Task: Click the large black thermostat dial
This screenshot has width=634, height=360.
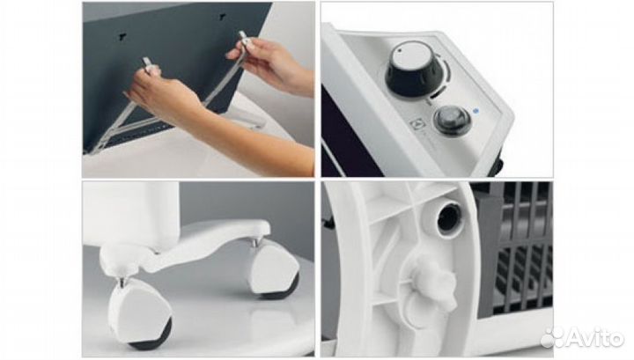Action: pos(412,71)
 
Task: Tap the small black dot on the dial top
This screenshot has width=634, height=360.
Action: pos(400,51)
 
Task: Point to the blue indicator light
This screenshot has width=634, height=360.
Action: pos(475,110)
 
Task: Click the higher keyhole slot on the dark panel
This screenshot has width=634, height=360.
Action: pos(222,17)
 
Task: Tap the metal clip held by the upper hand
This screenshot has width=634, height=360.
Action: pos(244,40)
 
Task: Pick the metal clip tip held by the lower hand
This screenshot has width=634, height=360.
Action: pos(147,65)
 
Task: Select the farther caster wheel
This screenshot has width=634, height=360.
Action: pos(274,268)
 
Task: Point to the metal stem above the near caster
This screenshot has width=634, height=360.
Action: pos(123,278)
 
